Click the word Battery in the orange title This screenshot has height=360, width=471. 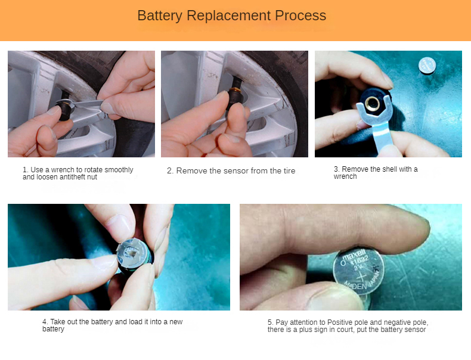(159, 16)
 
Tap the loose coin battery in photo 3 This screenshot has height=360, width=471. (427, 66)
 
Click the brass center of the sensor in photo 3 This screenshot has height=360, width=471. (373, 103)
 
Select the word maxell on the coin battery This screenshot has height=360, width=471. (354, 255)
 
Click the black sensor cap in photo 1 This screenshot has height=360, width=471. (64, 110)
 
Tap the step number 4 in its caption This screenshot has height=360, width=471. (45, 322)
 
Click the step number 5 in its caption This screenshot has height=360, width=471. (269, 322)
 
